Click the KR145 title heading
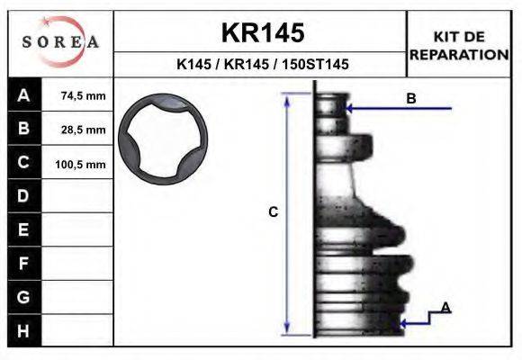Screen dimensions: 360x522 262,32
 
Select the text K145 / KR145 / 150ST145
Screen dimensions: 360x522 262,66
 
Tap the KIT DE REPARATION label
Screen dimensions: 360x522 459,45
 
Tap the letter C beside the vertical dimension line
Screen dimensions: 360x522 274,212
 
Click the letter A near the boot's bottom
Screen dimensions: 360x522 445,308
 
